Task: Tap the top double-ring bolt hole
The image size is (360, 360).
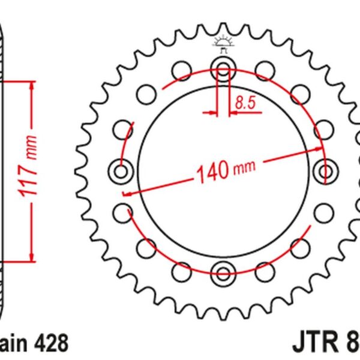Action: point(223,69)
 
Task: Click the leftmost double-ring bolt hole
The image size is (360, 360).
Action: point(121,170)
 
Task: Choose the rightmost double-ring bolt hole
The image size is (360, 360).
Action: point(327,169)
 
